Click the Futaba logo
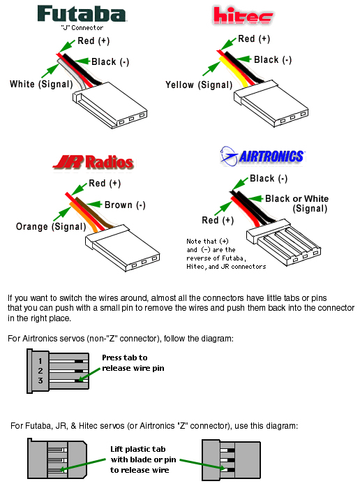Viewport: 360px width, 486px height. click(x=82, y=14)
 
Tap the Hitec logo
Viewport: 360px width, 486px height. click(x=243, y=15)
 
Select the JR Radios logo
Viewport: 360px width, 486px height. click(x=93, y=162)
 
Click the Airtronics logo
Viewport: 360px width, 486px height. click(x=262, y=156)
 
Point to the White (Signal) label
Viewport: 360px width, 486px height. click(x=41, y=84)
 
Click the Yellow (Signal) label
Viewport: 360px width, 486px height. click(x=199, y=85)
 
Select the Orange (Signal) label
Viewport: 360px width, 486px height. click(x=51, y=226)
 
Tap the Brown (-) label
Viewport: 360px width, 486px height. click(x=125, y=205)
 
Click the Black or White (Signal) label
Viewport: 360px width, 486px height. click(x=297, y=203)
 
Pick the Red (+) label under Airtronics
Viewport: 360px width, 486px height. click(x=218, y=221)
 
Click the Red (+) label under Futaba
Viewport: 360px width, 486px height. click(x=93, y=41)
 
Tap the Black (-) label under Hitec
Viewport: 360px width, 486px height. click(x=273, y=59)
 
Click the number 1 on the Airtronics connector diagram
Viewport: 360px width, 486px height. click(x=40, y=361)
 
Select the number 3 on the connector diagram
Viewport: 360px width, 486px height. click(x=40, y=381)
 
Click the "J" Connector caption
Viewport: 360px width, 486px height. click(x=82, y=28)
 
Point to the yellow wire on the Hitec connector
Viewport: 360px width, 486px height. click(x=234, y=72)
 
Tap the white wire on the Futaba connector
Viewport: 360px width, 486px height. click(x=72, y=75)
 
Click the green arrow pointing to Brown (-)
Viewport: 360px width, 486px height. click(x=94, y=205)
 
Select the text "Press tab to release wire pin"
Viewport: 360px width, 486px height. click(x=133, y=363)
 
